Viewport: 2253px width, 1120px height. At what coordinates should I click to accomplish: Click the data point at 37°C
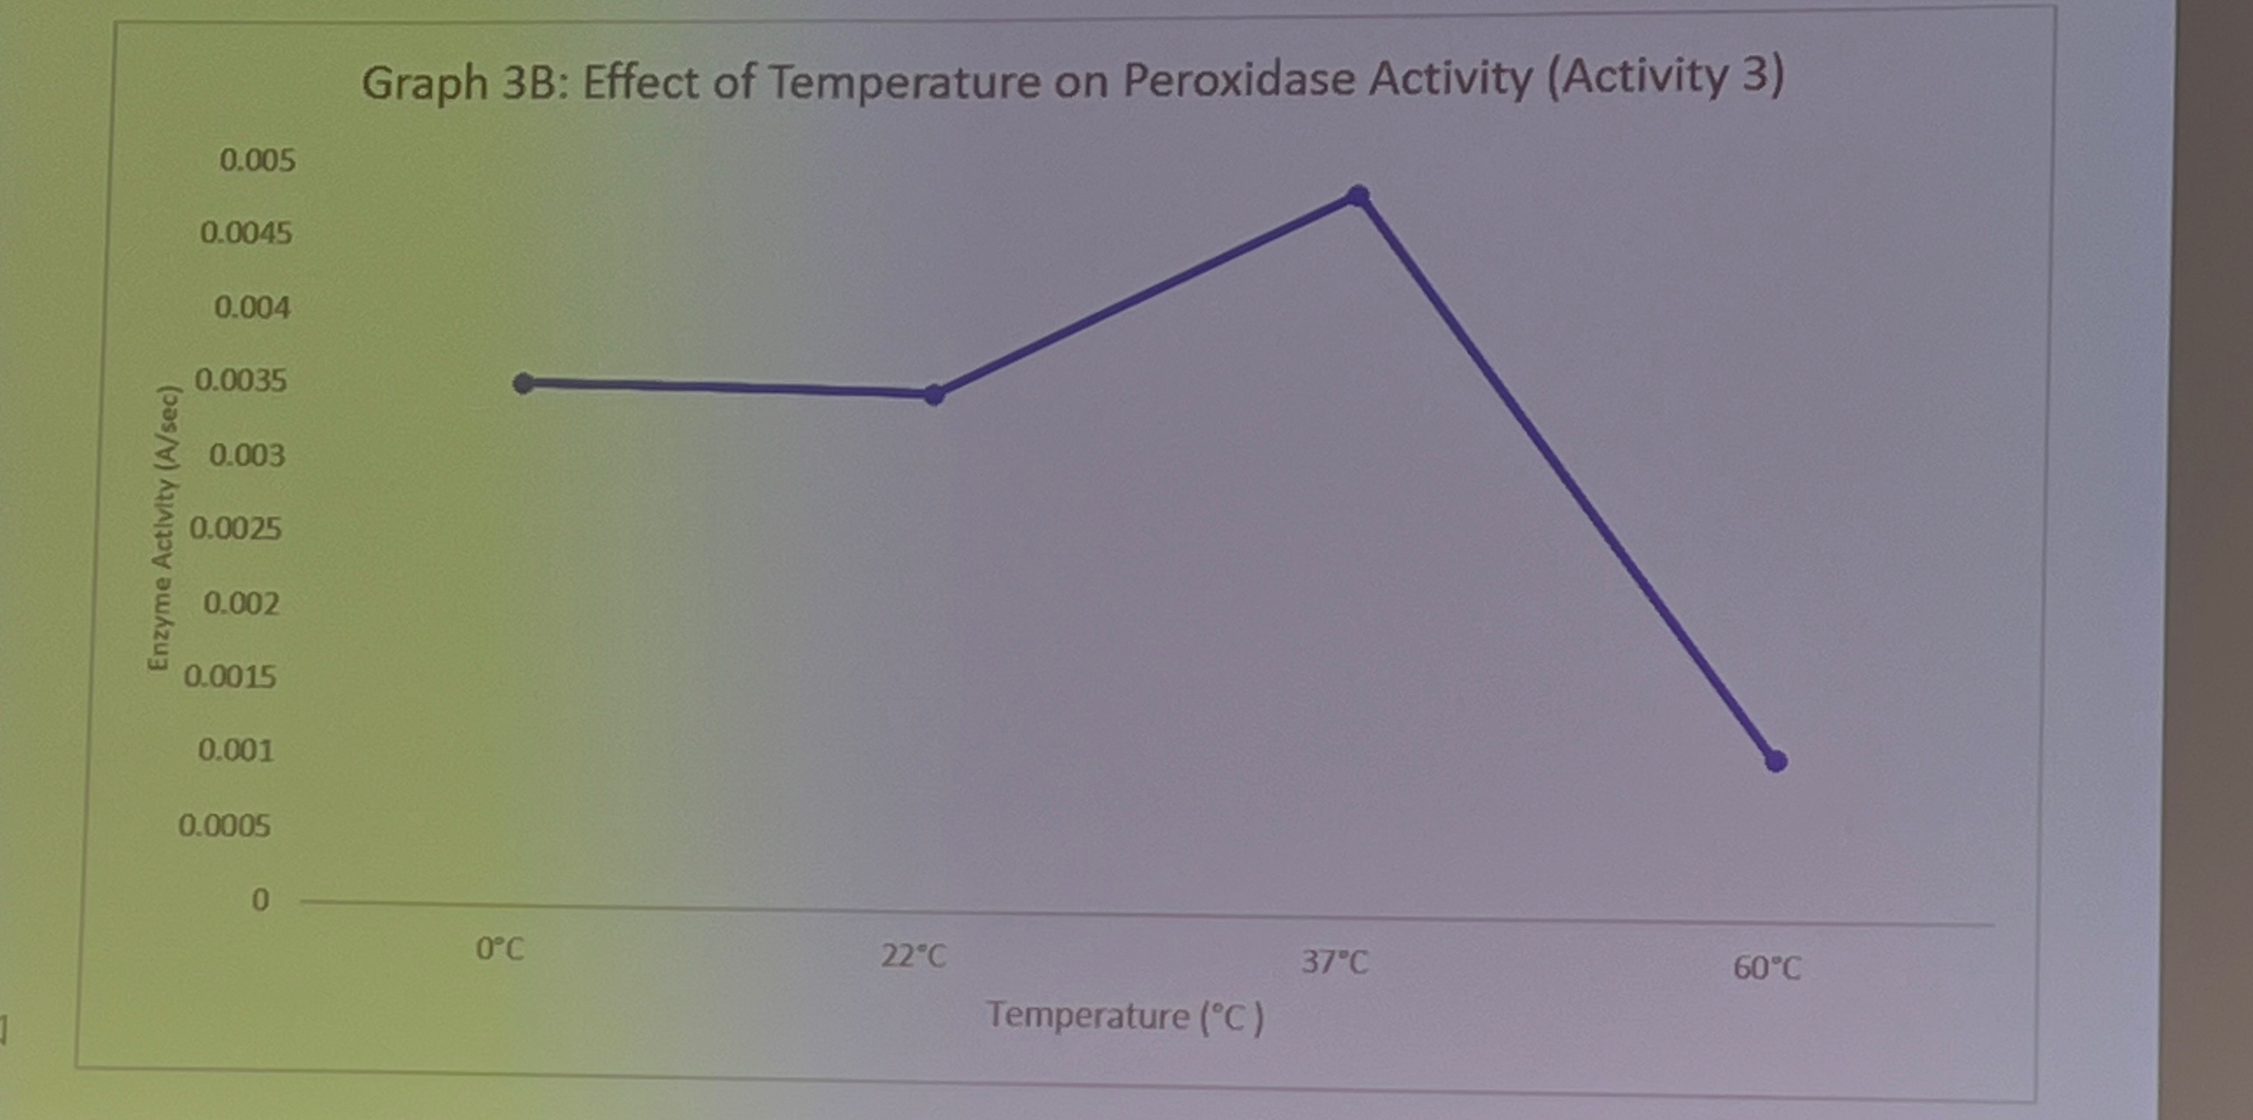click(x=1357, y=195)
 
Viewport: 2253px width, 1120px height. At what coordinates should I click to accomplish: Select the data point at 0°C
click(x=523, y=383)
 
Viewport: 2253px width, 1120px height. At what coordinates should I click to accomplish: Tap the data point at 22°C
click(x=934, y=395)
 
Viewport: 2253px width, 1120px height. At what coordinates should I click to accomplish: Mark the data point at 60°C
click(x=1775, y=760)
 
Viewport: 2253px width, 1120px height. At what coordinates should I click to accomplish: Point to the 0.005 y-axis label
click(x=257, y=160)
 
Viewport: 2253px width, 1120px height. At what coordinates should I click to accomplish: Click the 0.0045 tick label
click(x=246, y=232)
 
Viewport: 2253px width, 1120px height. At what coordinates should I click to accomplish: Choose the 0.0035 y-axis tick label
click(x=241, y=381)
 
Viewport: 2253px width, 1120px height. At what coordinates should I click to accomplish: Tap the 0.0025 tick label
click(x=235, y=528)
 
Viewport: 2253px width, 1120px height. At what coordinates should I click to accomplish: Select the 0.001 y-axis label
click(x=235, y=750)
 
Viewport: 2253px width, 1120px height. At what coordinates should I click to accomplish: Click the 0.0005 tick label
click(x=225, y=825)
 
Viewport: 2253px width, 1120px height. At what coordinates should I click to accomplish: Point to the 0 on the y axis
click(x=260, y=900)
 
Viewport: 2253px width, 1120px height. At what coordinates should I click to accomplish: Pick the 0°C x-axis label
click(x=499, y=949)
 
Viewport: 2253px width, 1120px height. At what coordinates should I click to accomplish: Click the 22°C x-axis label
click(x=913, y=955)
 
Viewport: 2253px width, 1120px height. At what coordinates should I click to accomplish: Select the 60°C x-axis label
click(x=1766, y=969)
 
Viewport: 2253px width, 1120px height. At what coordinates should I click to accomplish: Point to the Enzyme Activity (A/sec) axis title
click(x=165, y=529)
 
